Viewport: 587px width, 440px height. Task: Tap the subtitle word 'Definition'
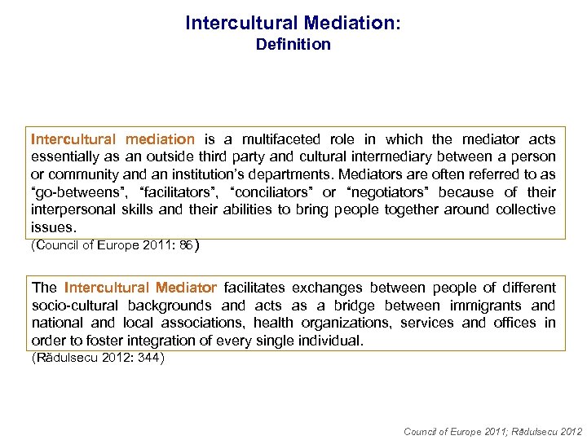(x=293, y=45)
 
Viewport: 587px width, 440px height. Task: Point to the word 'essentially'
(x=64, y=156)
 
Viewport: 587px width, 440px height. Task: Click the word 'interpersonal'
(x=70, y=209)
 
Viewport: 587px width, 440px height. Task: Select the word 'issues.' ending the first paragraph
(x=53, y=227)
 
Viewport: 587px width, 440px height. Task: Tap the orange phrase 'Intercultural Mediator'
(x=140, y=288)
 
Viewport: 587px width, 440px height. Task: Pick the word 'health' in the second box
(x=272, y=323)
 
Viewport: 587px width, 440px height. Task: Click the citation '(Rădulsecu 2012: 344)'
(x=97, y=358)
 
